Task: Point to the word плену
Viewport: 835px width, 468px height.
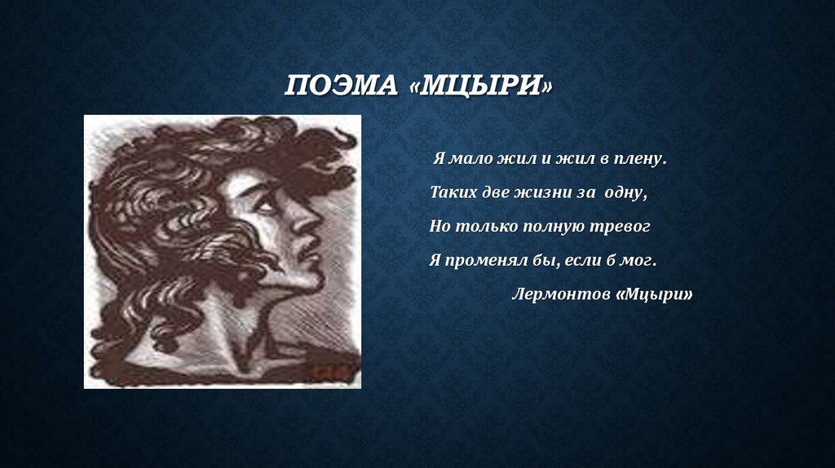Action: pos(639,160)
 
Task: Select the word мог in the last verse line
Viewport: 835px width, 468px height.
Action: pos(639,261)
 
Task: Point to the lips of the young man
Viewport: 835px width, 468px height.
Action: pos(307,255)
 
